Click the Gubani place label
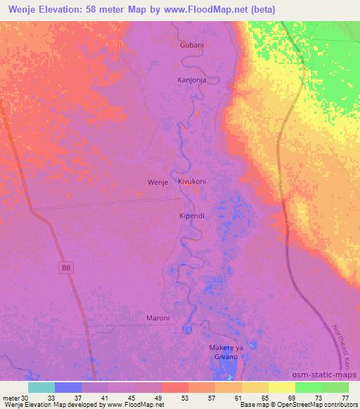[192, 45]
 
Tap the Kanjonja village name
[193, 79]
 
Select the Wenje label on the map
[157, 182]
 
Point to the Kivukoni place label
[192, 181]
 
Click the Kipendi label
[191, 216]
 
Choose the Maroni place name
[158, 318]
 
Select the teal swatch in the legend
[41, 387]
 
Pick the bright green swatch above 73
[308, 387]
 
